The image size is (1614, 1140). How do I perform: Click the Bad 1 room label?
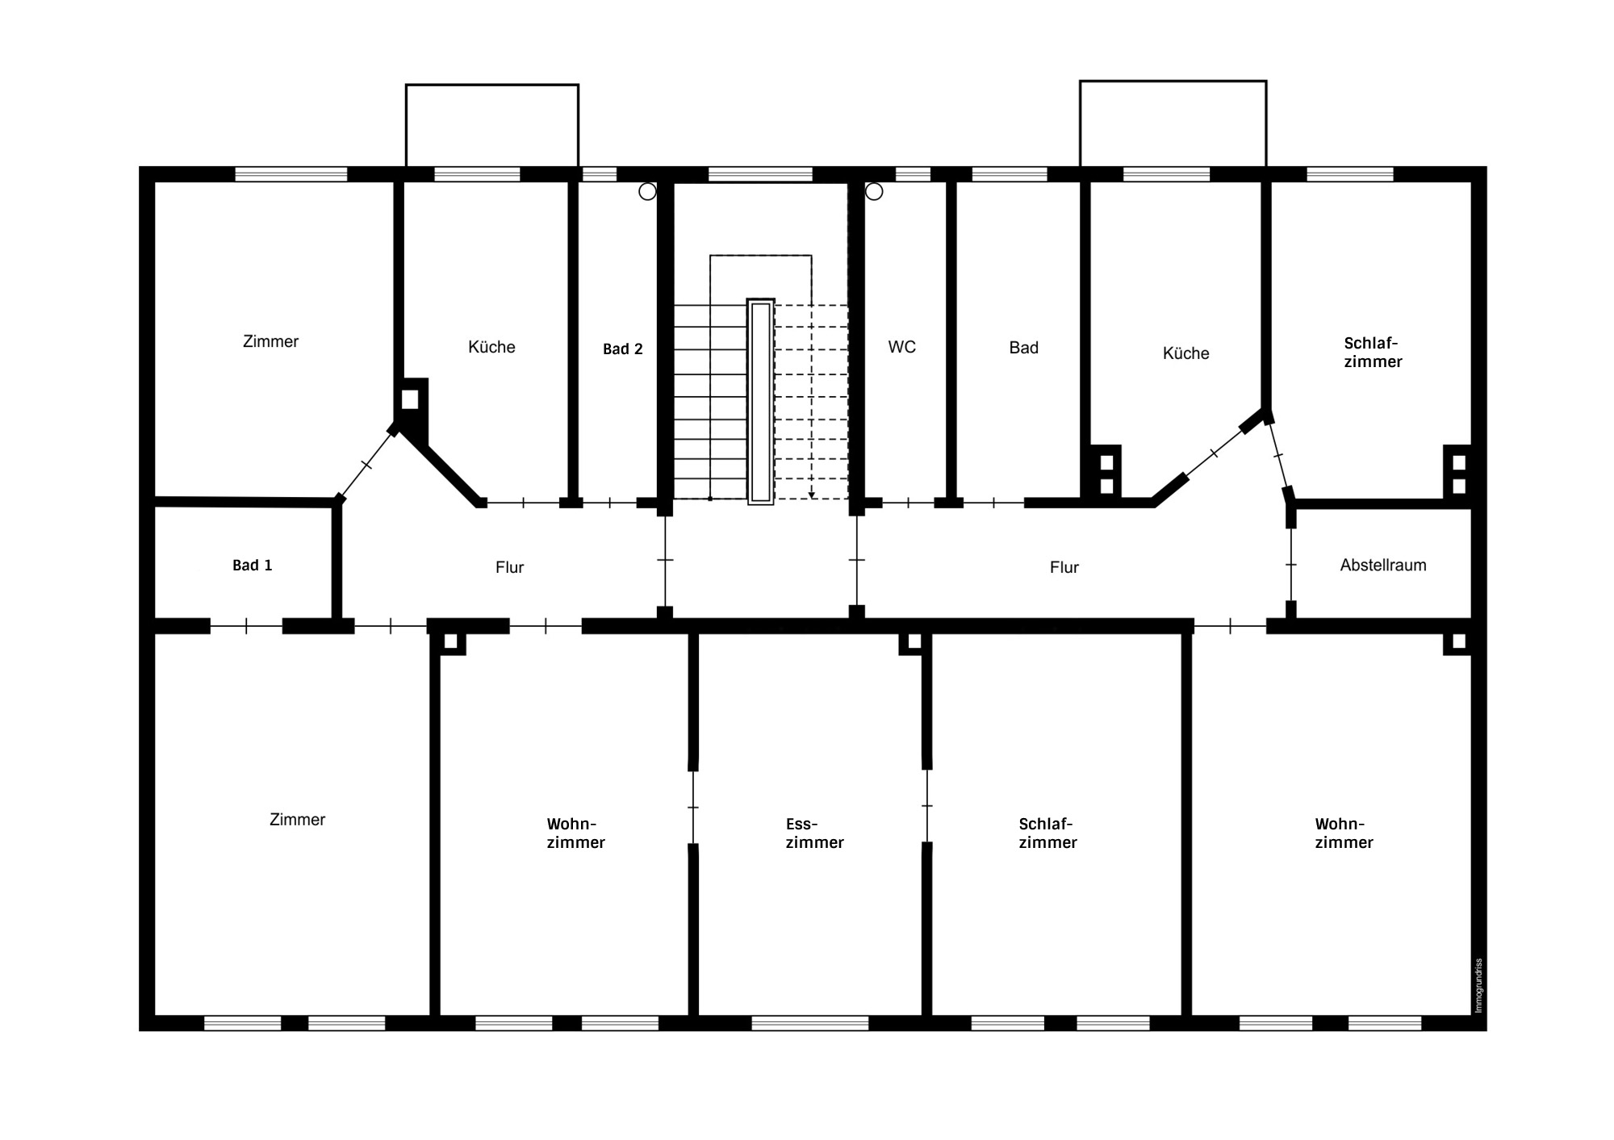point(252,566)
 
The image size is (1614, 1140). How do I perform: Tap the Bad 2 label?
point(623,349)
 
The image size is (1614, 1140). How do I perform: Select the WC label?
point(901,347)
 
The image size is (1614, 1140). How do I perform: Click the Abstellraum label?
point(1382,566)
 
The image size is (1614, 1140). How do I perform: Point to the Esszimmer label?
point(814,833)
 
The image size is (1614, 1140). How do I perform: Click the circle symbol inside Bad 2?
point(647,192)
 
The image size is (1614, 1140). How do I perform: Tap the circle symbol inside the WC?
point(874,192)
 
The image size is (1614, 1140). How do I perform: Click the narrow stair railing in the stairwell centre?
point(760,401)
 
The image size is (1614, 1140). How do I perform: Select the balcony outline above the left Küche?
point(491,125)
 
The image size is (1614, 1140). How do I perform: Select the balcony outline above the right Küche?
point(1172,123)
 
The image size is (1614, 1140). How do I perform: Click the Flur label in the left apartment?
point(509,568)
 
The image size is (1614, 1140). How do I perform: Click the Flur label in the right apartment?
point(1064,568)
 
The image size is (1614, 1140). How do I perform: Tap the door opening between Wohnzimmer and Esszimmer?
point(693,807)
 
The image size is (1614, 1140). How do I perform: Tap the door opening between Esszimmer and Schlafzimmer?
point(927,805)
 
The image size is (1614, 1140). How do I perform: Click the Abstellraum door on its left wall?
point(1290,565)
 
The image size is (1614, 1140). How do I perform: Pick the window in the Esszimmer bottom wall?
point(809,1023)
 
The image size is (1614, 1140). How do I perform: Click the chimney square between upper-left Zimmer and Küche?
point(410,399)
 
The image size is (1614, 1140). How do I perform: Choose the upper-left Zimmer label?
point(270,342)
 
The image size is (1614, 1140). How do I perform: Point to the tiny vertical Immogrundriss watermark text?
point(1478,986)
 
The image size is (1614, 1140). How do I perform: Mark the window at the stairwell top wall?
point(760,174)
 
